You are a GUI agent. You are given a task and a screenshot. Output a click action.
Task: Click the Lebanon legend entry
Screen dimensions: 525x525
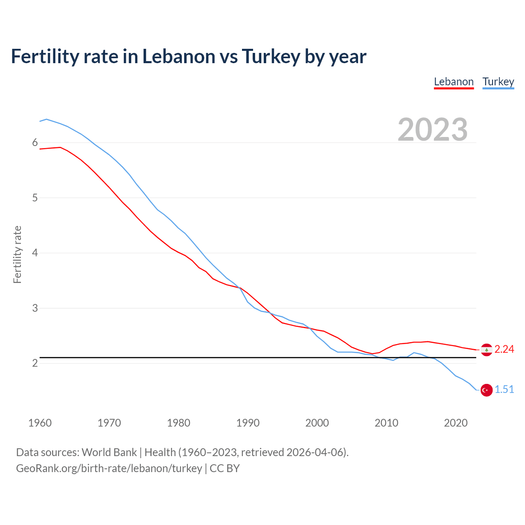click(454, 82)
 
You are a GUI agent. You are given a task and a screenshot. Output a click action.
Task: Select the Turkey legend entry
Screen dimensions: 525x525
click(498, 82)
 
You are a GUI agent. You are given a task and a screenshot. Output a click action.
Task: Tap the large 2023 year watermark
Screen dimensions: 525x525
click(432, 130)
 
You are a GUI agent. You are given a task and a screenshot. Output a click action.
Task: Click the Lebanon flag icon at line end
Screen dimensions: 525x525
click(486, 349)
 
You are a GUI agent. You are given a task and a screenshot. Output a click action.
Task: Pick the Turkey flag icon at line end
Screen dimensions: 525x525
click(486, 390)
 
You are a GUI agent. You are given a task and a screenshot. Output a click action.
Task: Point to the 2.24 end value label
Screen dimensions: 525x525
click(504, 349)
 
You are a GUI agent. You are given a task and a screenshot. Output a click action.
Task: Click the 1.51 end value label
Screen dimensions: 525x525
click(504, 389)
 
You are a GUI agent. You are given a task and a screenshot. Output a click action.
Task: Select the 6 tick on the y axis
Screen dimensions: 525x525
click(35, 143)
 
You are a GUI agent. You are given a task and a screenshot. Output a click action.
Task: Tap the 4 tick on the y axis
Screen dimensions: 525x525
click(35, 253)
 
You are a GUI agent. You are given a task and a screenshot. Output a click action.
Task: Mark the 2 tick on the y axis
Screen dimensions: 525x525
click(35, 363)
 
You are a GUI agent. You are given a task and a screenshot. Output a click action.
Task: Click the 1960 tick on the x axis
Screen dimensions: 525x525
click(40, 423)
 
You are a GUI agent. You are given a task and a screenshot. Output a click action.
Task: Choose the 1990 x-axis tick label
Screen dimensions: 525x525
click(248, 423)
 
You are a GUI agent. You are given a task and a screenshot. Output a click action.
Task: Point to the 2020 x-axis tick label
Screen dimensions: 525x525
click(456, 423)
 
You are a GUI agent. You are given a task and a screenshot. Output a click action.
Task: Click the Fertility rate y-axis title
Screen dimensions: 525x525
click(17, 254)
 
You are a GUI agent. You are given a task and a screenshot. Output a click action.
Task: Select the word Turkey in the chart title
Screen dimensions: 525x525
click(271, 56)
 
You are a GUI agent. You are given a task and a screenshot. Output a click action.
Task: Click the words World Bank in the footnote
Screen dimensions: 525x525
click(109, 452)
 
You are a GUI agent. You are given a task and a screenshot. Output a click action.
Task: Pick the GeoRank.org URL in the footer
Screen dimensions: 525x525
click(109, 468)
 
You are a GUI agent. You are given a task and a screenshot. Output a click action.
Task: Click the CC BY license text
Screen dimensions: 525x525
click(224, 468)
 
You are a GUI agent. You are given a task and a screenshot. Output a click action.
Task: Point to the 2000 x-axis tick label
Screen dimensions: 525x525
click(317, 423)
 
